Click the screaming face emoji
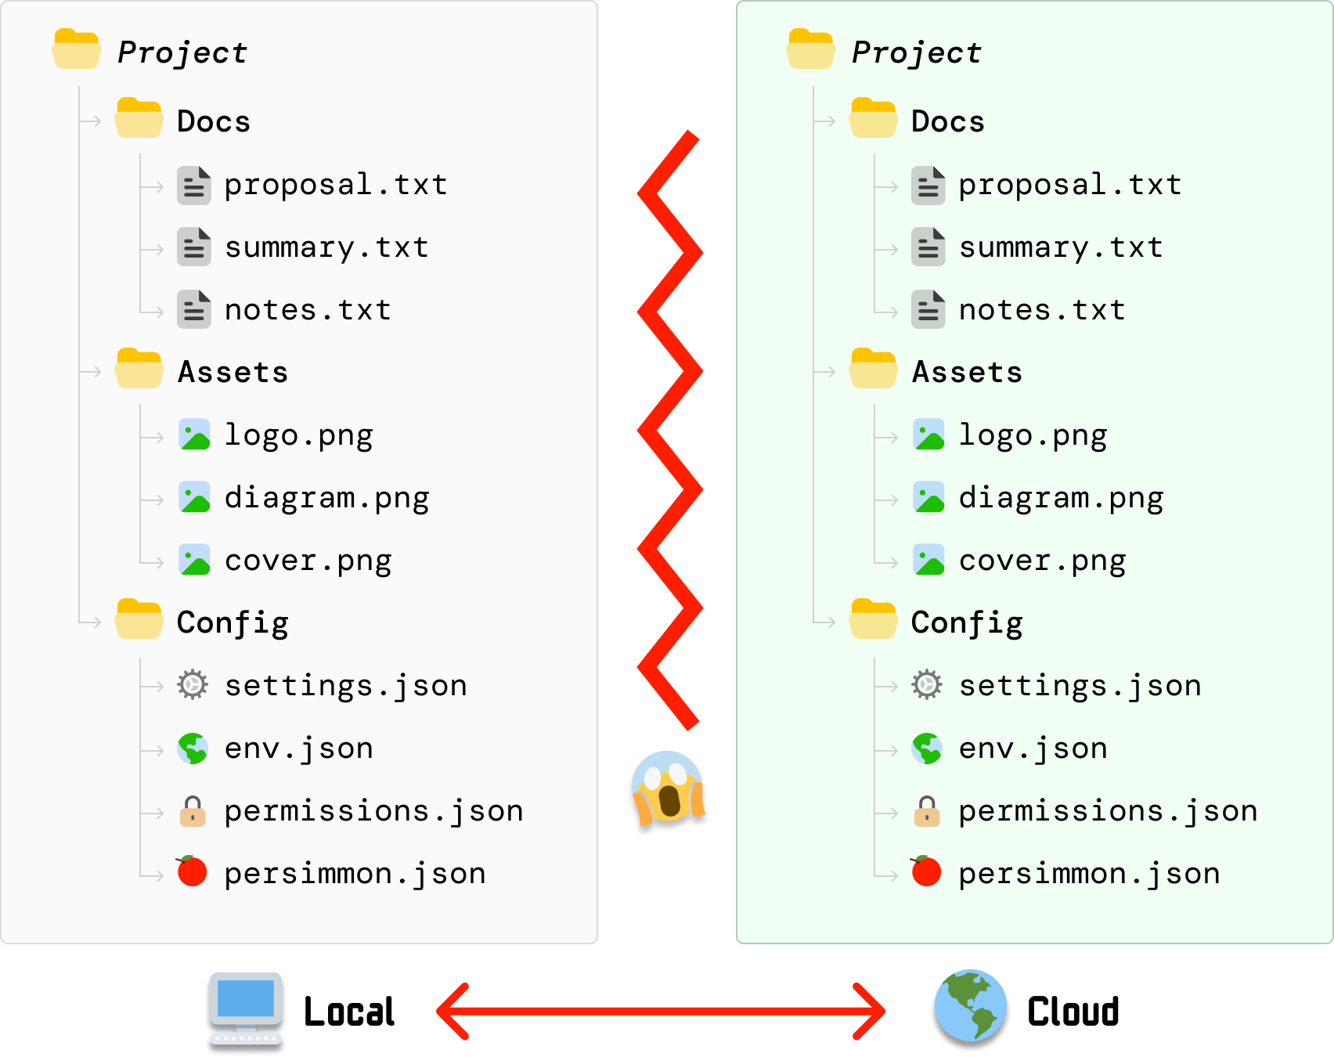[668, 792]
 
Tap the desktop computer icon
[246, 1012]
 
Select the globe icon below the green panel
[971, 1010]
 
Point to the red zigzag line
[669, 430]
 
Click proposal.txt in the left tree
[335, 186]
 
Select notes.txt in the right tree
[1041, 311]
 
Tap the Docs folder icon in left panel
[139, 119]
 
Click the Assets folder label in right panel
[967, 372]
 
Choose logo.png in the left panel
[298, 435]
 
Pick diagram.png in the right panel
[1061, 499]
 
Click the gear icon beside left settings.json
[193, 684]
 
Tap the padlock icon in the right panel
[927, 811]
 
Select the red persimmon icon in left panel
[192, 871]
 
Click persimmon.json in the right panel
[1089, 874]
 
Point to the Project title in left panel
[182, 52]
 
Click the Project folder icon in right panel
[810, 49]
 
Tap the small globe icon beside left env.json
[193, 749]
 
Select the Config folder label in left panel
[233, 623]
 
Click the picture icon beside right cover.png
[928, 560]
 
